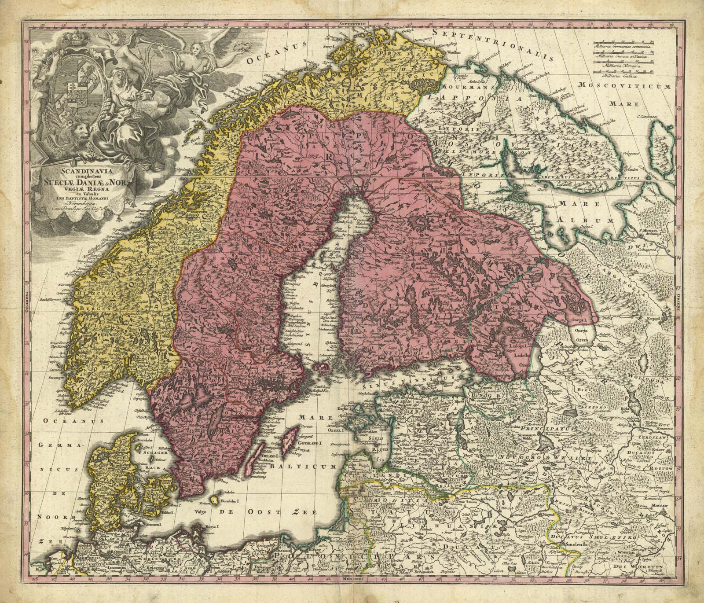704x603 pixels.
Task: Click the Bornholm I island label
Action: coord(228,500)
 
